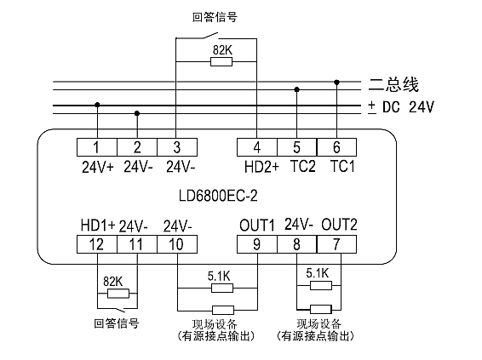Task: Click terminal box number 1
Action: tap(97, 147)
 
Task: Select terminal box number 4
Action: tap(257, 147)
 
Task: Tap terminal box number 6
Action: tap(336, 147)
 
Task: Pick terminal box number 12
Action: tap(97, 244)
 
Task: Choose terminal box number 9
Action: tap(257, 244)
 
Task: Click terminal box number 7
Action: tap(336, 244)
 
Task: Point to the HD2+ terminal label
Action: tap(261, 167)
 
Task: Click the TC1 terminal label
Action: tap(342, 166)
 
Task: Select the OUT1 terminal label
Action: tap(256, 226)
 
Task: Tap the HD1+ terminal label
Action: tap(98, 226)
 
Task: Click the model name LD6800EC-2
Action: tap(218, 196)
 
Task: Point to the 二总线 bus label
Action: tap(393, 84)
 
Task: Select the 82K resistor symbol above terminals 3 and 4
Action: tap(221, 62)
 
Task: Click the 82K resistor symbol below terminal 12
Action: tap(118, 294)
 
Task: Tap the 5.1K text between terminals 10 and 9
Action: tap(219, 276)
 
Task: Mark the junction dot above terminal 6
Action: tap(336, 83)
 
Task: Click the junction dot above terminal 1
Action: tap(97, 105)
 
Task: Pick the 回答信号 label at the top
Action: tap(215, 17)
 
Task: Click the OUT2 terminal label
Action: tap(340, 225)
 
